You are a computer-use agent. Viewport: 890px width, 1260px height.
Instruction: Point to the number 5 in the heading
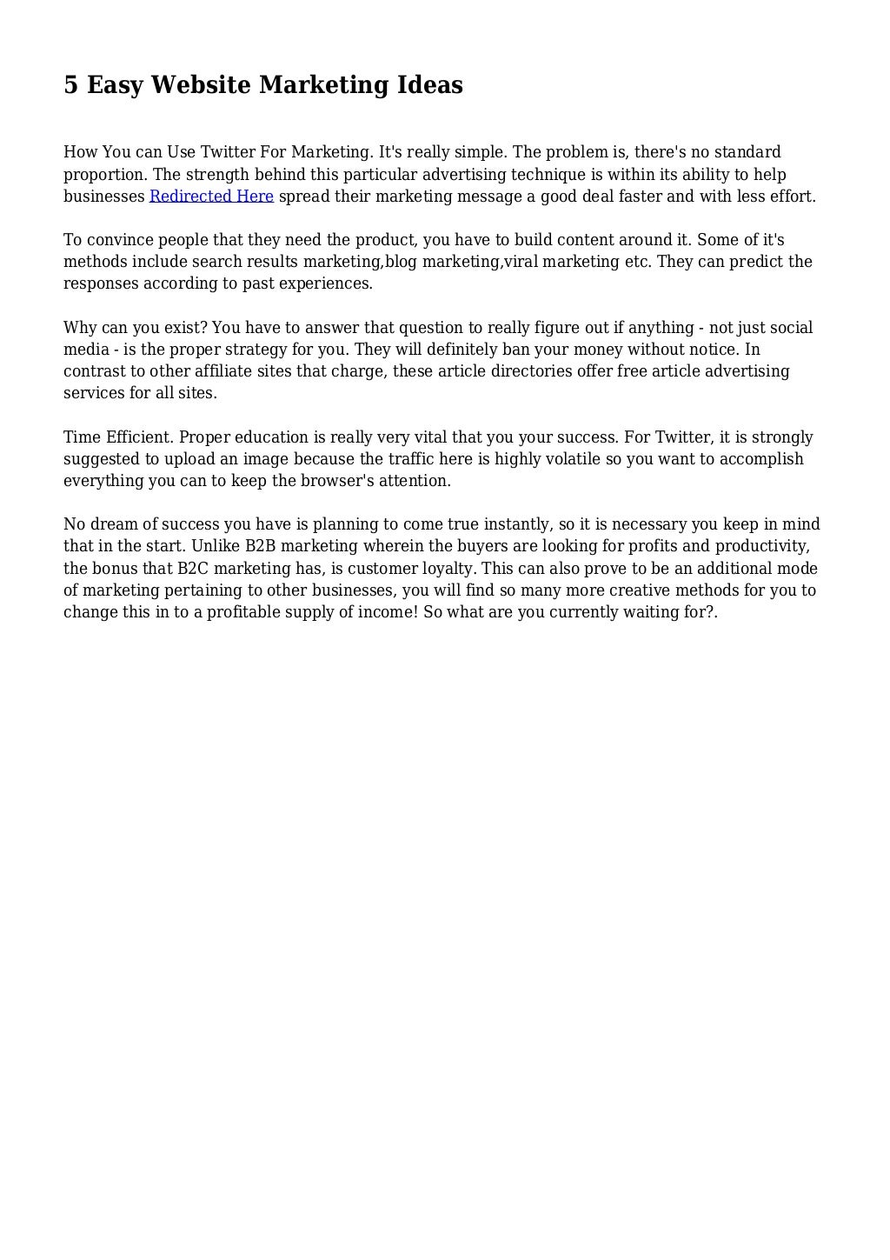(70, 85)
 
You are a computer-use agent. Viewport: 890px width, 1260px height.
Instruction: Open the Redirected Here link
(211, 197)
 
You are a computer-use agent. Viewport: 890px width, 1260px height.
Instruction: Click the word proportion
(104, 175)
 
